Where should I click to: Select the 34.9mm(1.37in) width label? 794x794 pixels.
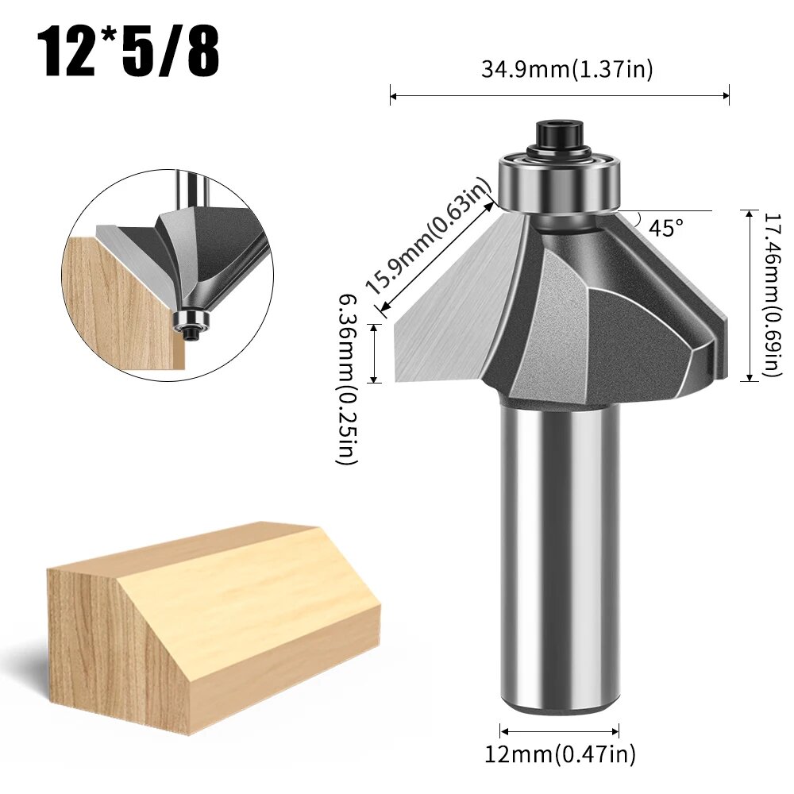pos(566,70)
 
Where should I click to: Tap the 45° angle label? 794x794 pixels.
pos(665,228)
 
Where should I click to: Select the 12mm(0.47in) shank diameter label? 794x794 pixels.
pos(560,753)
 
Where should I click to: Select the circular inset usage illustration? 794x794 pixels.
pos(168,270)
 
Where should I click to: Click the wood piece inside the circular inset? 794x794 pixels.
pos(119,302)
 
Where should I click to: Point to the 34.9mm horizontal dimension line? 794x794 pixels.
pos(560,97)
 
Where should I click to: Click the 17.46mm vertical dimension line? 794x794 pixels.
pos(750,295)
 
